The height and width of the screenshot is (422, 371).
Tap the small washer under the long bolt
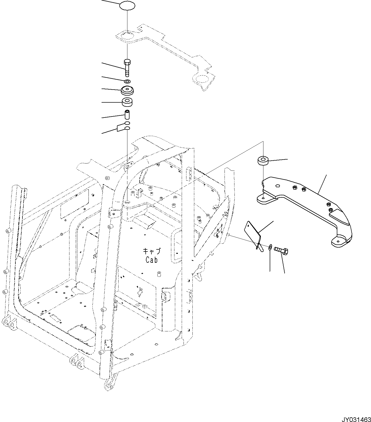tap(127, 82)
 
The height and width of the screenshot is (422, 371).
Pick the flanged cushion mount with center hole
tap(127, 90)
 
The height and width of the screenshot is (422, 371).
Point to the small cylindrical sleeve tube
tap(127, 115)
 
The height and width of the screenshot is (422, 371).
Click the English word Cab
tap(152, 260)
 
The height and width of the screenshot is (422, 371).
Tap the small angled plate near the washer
tap(253, 233)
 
